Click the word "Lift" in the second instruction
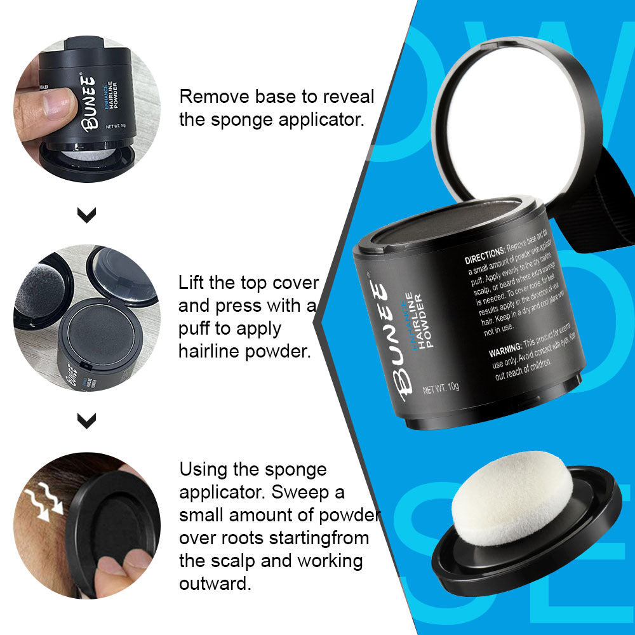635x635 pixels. click(x=191, y=283)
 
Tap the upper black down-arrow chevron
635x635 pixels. click(x=86, y=215)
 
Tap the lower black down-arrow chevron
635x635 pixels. click(x=86, y=420)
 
